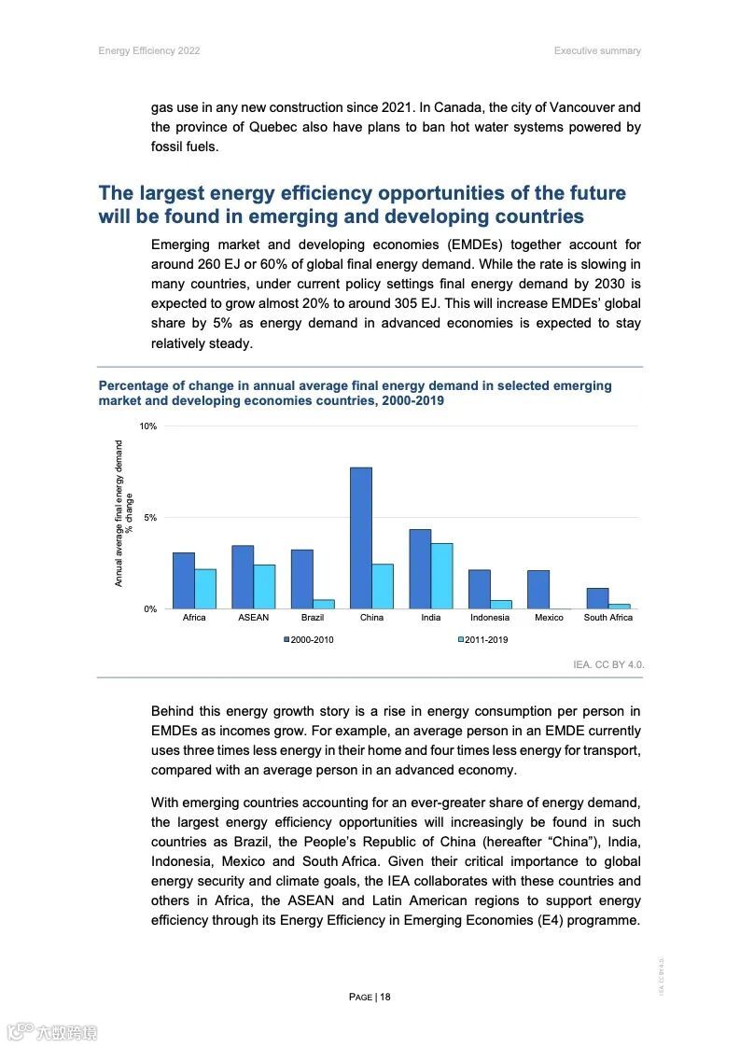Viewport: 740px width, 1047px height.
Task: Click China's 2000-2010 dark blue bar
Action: (x=360, y=537)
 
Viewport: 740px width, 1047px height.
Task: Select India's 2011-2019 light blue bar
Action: (x=441, y=576)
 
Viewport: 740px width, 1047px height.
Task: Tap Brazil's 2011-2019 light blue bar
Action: (x=324, y=604)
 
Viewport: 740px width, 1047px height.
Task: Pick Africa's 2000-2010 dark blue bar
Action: (x=183, y=580)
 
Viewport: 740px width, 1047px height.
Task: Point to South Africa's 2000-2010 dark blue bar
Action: (x=597, y=598)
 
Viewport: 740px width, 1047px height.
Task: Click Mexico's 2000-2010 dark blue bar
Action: (x=538, y=589)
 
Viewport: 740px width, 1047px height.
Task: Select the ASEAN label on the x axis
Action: (x=253, y=618)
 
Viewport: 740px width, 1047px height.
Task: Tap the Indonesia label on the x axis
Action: (x=490, y=618)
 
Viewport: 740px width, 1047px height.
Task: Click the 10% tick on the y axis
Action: (x=147, y=426)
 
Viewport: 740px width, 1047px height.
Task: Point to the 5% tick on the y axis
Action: (x=150, y=518)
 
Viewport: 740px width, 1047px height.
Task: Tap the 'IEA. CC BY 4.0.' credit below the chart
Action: (x=608, y=665)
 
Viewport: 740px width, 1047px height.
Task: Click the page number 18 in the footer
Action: (x=384, y=997)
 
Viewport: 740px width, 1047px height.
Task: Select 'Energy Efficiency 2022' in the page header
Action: (x=149, y=50)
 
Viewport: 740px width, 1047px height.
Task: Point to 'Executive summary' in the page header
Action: (x=597, y=50)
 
